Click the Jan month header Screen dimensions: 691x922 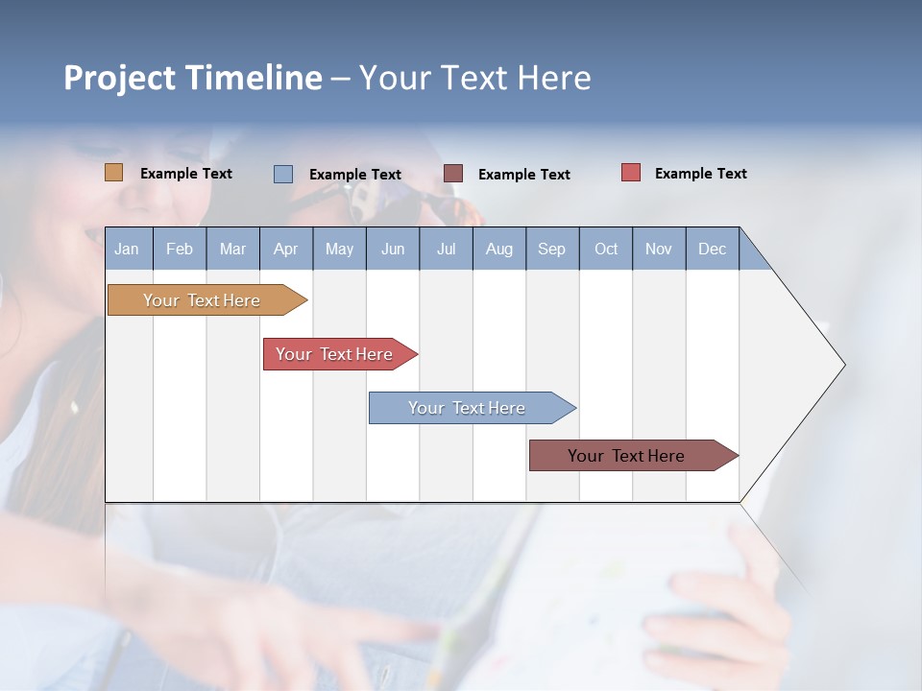point(128,249)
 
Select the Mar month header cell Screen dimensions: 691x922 point(232,249)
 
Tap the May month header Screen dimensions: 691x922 point(339,249)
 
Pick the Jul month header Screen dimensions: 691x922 point(446,249)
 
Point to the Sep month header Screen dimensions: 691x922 point(551,249)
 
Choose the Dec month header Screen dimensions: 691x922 point(712,249)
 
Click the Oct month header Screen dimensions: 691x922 point(606,249)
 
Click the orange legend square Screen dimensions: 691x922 point(113,173)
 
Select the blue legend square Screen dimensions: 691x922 point(282,174)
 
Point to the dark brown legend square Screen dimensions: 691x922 point(453,174)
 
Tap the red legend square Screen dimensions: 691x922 point(630,173)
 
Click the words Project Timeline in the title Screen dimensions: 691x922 point(192,78)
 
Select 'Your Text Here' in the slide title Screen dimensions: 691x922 point(474,78)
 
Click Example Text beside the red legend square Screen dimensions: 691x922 point(700,173)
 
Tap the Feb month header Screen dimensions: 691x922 point(180,249)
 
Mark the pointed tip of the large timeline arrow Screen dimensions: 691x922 point(843,365)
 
